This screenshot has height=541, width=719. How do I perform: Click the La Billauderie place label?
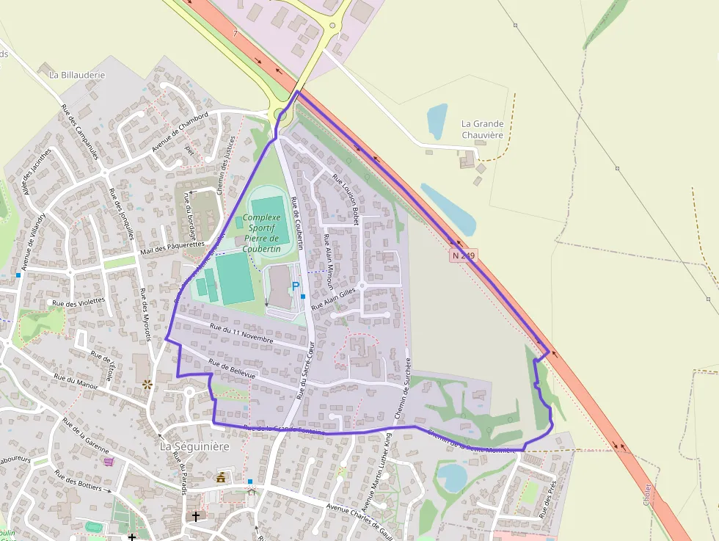tap(77, 75)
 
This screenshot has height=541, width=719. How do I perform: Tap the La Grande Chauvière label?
tap(482, 129)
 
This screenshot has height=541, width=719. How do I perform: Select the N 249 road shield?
tap(464, 255)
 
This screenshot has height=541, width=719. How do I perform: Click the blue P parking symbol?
tap(296, 286)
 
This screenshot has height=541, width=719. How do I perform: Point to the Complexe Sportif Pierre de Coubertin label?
tap(261, 233)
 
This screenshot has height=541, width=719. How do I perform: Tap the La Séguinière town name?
tap(194, 446)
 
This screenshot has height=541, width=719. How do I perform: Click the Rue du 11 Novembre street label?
tap(241, 334)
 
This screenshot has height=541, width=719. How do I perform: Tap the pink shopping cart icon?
tap(109, 461)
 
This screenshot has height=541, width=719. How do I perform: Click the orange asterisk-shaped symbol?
tap(147, 383)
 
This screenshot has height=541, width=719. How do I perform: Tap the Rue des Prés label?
tap(548, 500)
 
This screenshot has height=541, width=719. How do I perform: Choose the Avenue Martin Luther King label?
tap(377, 484)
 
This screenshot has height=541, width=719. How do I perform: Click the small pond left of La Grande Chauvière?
tap(437, 120)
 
